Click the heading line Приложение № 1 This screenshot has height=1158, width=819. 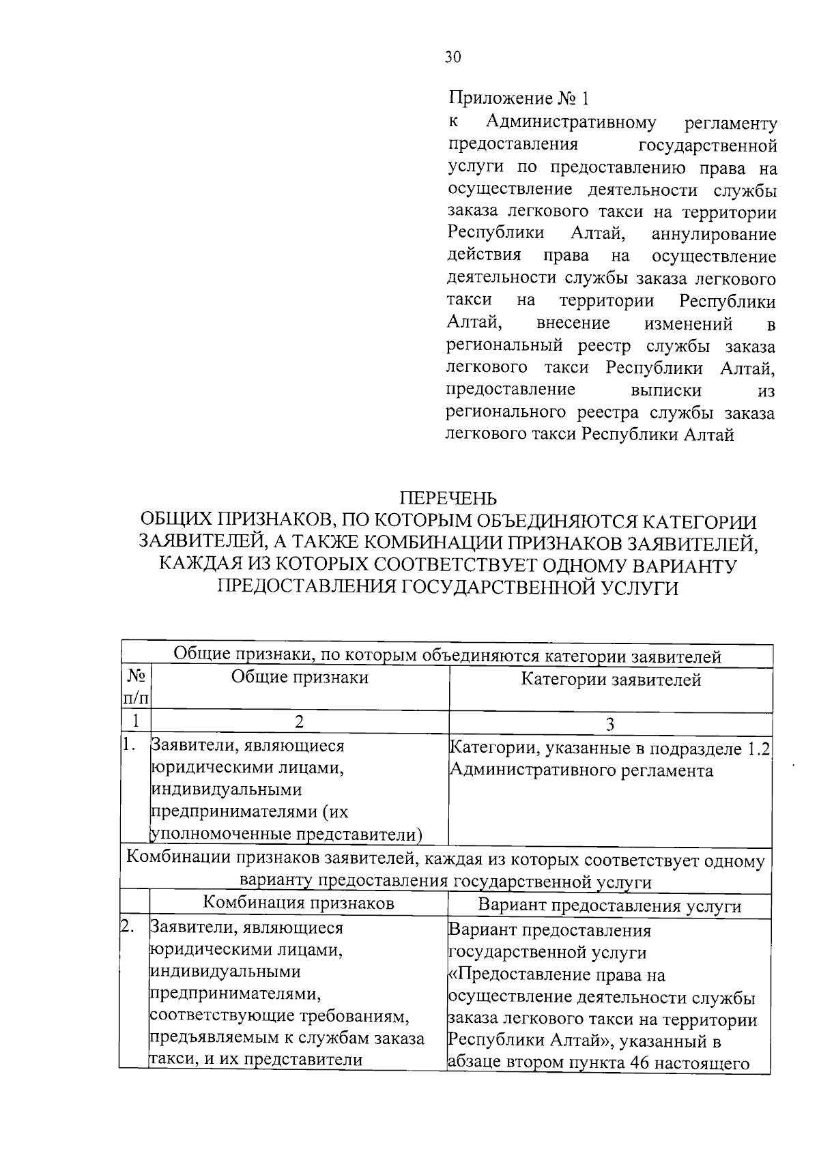518,100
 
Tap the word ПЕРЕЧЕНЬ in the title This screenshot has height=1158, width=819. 448,500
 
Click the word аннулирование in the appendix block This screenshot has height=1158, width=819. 714,235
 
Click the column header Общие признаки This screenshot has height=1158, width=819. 299,678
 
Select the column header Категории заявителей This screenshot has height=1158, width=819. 611,680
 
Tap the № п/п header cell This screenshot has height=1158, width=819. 136,687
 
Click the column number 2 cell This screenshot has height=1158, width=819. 299,722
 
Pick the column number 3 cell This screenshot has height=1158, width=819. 610,723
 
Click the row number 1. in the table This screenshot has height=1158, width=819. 130,746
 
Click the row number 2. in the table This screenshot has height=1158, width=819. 127,927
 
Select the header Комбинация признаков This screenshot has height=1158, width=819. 299,903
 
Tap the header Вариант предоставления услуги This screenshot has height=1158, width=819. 609,906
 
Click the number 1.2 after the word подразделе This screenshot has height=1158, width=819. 758,749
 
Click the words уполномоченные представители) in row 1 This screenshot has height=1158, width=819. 285,835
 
